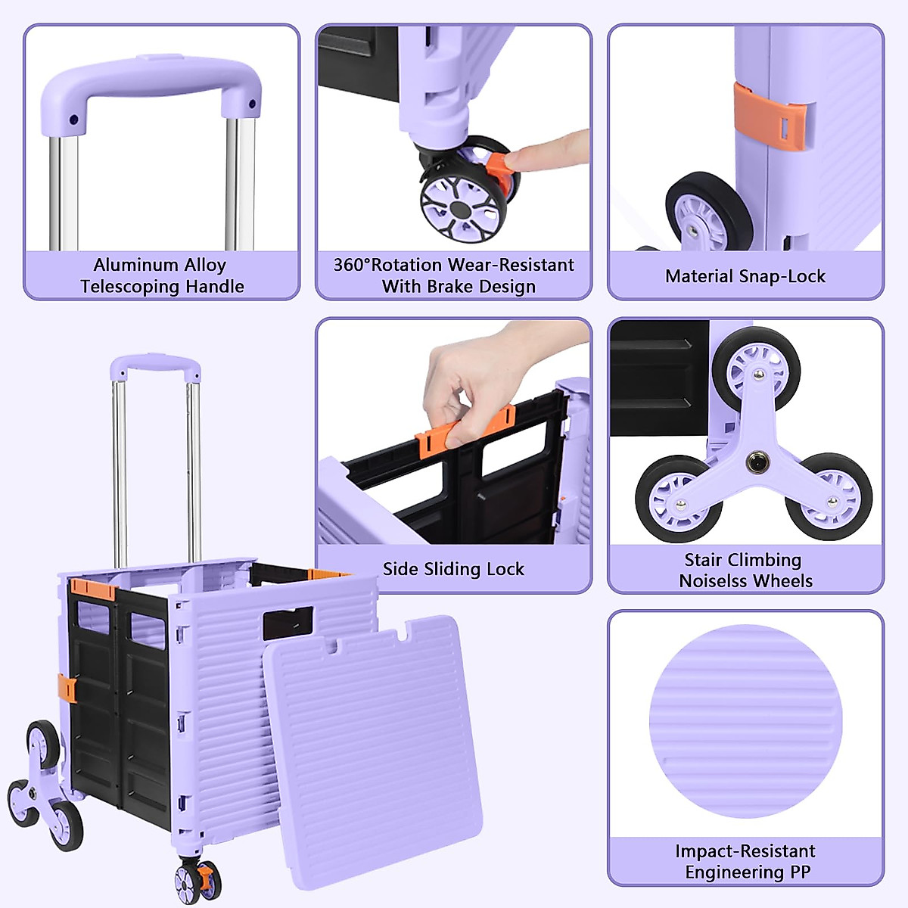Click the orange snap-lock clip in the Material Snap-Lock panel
[x=770, y=117]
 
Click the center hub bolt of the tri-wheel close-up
[x=756, y=461]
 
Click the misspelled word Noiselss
[x=714, y=581]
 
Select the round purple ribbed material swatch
[x=745, y=720]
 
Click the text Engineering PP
[x=747, y=872]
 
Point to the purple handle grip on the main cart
[x=154, y=365]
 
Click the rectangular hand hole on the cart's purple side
[x=288, y=622]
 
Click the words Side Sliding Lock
[x=453, y=569]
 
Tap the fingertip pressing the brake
[x=522, y=157]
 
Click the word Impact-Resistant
[x=745, y=851]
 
